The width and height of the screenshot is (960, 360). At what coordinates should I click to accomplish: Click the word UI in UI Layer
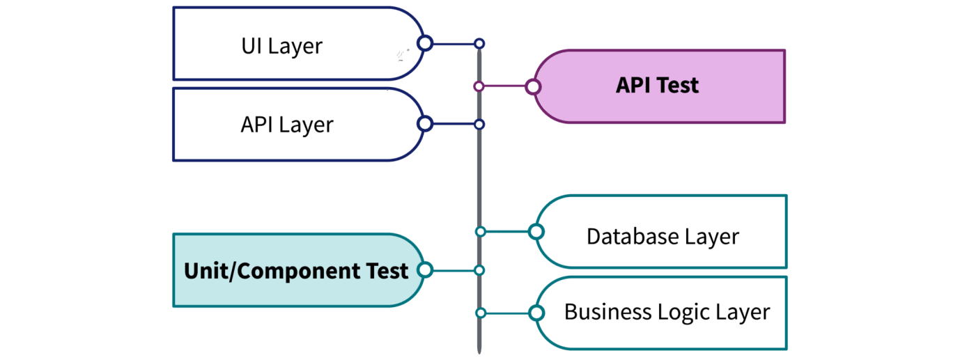[253, 47]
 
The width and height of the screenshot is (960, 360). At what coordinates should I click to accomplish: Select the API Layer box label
[286, 125]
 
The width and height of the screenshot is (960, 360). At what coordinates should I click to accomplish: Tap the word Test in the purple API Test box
[676, 86]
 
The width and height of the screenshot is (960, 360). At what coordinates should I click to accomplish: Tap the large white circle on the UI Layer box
[425, 44]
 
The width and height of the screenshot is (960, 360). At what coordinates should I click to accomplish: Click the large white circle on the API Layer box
[425, 125]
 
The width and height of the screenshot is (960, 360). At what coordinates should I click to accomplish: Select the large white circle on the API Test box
[533, 87]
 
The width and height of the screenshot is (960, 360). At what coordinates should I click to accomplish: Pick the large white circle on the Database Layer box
[536, 232]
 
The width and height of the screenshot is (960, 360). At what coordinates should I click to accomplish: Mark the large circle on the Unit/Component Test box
[424, 269]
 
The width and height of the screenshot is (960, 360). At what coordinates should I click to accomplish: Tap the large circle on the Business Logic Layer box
[536, 313]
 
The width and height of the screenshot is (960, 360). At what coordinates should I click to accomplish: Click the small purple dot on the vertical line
[479, 87]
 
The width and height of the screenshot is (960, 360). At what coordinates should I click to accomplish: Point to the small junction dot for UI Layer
[479, 44]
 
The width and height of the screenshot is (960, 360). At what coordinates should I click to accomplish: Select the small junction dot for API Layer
[479, 125]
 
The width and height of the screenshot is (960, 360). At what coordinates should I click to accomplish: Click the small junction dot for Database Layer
[480, 232]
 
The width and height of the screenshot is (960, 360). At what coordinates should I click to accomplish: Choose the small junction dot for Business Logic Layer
[480, 313]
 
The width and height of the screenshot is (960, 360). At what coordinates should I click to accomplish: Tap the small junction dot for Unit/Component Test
[479, 269]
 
